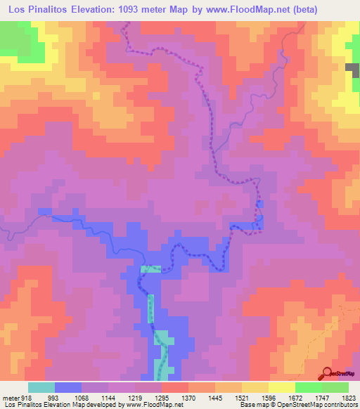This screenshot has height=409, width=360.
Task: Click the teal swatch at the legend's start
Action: [41, 387]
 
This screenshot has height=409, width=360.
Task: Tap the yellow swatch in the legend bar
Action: [282, 387]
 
